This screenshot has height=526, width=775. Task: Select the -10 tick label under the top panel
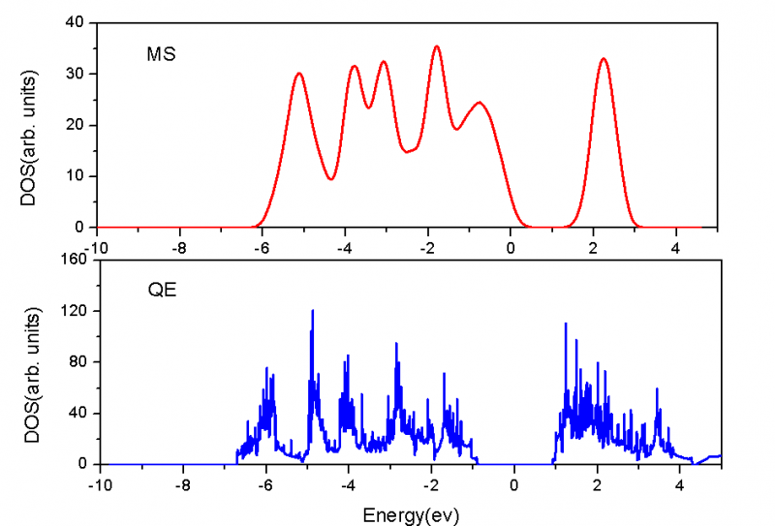[97, 240]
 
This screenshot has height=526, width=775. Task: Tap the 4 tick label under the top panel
[676, 240]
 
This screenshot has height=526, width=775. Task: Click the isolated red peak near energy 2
[604, 59]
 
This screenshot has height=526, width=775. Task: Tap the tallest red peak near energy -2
[437, 46]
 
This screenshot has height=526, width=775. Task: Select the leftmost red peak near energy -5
[298, 74]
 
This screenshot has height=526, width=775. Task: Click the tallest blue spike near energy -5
[312, 311]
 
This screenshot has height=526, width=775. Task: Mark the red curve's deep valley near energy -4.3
[331, 178]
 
